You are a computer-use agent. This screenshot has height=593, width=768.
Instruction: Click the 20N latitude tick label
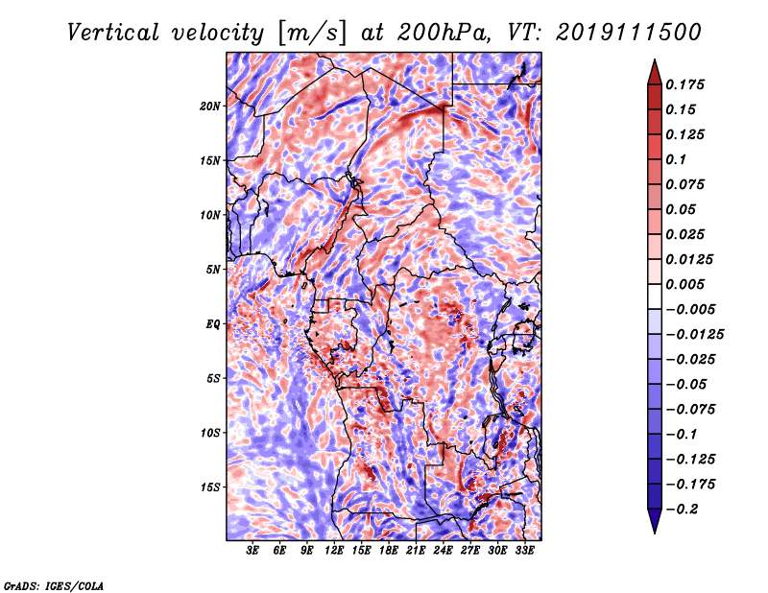tap(210, 106)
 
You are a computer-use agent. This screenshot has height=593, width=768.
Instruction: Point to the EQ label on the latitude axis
tap(213, 324)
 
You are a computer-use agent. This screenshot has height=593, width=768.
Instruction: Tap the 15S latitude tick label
tap(210, 487)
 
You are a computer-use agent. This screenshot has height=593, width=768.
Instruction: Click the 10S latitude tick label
tap(210, 433)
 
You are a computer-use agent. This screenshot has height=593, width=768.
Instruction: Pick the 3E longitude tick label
tap(253, 552)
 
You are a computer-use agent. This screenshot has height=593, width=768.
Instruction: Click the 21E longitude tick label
tap(416, 552)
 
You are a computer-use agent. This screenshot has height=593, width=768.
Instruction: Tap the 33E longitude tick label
tap(524, 552)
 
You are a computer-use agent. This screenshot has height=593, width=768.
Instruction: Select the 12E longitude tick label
tap(335, 552)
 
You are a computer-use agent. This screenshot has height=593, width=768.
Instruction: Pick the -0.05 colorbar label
tap(691, 384)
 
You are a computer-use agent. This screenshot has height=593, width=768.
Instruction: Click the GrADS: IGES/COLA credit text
tap(53, 583)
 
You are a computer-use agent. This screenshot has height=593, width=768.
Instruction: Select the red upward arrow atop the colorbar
tap(654, 69)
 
